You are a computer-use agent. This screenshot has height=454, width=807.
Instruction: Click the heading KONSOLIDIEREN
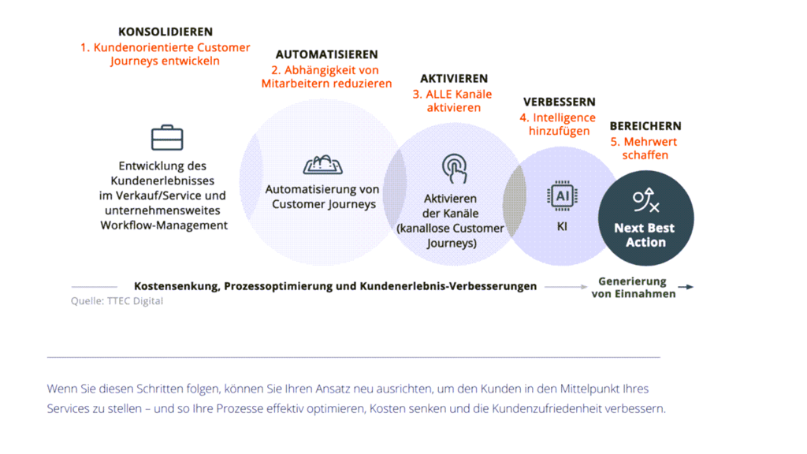point(165,32)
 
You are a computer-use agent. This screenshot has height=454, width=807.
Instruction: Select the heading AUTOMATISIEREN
point(326,55)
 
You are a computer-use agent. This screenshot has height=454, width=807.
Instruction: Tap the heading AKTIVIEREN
point(454,79)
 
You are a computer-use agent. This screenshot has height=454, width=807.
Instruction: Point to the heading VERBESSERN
point(560,102)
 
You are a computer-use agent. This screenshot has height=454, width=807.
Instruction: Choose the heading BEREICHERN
point(645,126)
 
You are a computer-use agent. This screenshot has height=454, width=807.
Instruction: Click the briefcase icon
point(167,138)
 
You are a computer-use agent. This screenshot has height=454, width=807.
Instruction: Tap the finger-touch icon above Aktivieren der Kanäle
point(454,169)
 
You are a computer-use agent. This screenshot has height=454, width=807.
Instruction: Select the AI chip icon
point(563,195)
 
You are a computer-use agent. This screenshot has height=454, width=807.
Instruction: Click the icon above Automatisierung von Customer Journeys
point(323,165)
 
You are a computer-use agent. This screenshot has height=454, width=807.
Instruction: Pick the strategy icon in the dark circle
point(645,201)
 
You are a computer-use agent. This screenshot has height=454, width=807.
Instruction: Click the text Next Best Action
point(645,235)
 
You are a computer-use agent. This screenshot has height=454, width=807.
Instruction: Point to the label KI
point(562,227)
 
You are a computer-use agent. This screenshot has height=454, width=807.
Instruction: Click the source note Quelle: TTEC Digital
point(117,301)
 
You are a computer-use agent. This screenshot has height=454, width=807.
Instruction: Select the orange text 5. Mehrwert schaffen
point(645,148)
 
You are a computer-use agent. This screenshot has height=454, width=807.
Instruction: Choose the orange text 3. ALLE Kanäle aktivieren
point(453,101)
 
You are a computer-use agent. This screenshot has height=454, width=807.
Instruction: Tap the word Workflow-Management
point(164,225)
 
